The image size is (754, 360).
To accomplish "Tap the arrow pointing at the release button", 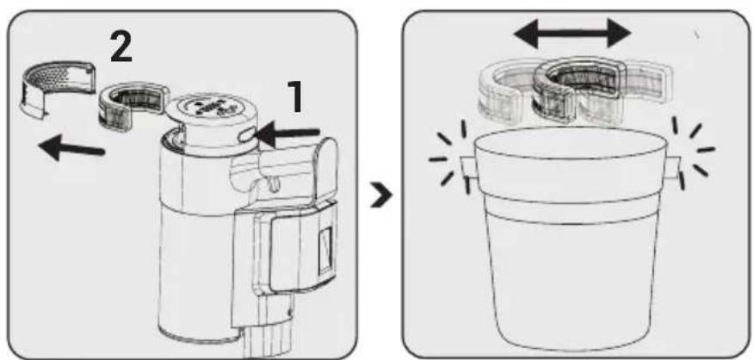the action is (x=288, y=133).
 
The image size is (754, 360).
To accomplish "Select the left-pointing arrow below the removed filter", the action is (x=71, y=148).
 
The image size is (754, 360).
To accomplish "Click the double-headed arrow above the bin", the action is (x=572, y=34).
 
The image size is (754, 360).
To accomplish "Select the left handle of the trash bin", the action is (x=467, y=168).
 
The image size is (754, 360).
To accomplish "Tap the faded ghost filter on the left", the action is (x=505, y=91).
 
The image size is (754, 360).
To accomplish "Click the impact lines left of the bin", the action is (x=448, y=157).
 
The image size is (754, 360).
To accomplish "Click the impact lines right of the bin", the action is (x=692, y=153).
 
